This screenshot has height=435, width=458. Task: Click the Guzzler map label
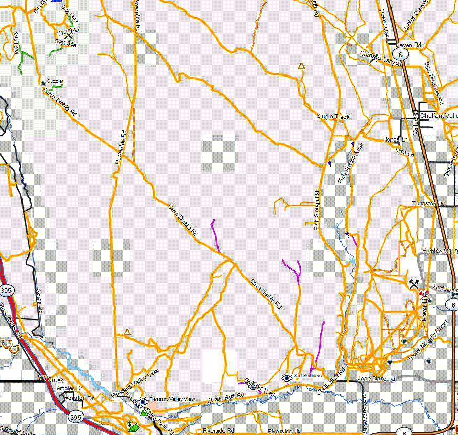click(x=55, y=81)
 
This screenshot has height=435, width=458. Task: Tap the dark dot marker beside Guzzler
click(x=43, y=83)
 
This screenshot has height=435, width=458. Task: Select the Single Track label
click(x=333, y=116)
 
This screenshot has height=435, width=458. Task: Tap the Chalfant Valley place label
click(x=439, y=116)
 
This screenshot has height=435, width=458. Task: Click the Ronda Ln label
click(x=395, y=139)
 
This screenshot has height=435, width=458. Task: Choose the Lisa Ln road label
click(x=405, y=152)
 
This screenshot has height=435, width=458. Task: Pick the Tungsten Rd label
click(x=428, y=203)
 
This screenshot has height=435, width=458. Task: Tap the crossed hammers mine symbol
click(x=414, y=285)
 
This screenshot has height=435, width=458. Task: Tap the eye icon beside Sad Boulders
click(x=286, y=377)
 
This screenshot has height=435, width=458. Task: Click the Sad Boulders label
click(x=307, y=376)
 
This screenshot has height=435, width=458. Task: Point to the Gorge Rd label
click(x=38, y=298)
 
